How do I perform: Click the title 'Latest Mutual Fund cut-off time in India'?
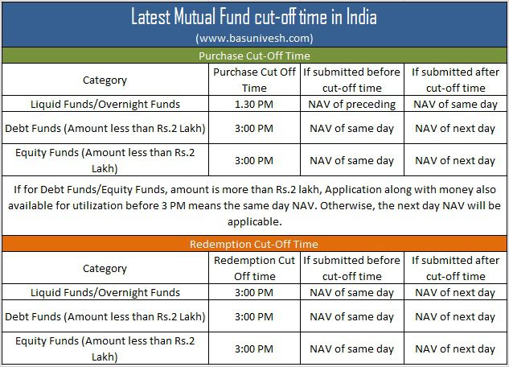(254, 17)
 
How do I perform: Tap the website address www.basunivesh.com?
(254, 39)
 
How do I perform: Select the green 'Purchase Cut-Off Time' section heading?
(254, 56)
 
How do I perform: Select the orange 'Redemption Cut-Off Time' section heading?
(254, 244)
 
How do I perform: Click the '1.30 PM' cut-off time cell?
(254, 105)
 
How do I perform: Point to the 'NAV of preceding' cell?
(352, 105)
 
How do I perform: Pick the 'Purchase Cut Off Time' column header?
(254, 80)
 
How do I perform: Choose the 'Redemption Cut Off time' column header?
(254, 268)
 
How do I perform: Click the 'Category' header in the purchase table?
(105, 80)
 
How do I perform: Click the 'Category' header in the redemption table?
(105, 268)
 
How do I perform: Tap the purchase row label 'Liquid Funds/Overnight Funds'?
(105, 105)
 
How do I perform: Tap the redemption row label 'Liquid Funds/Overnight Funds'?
(105, 293)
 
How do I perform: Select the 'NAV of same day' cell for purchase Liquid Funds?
(455, 105)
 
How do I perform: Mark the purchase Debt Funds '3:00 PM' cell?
(254, 128)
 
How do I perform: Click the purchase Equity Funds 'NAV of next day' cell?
(455, 160)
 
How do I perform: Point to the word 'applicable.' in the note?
(254, 222)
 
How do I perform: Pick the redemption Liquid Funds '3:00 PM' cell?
(254, 293)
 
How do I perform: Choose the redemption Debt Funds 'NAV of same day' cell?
(352, 316)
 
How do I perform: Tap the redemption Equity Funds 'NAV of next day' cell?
(455, 348)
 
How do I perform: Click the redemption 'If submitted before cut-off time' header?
(352, 268)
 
